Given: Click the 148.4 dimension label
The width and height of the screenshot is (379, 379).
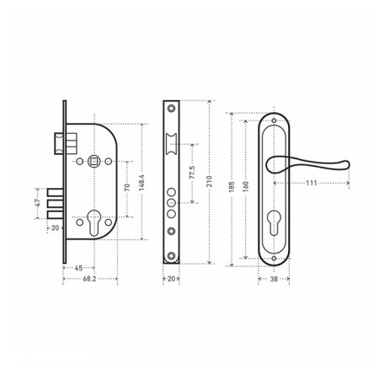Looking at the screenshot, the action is coord(141,183).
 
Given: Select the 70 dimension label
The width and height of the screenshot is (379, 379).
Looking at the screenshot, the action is coord(127,187).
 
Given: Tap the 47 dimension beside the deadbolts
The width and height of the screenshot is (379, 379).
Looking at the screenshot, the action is coord(38,202).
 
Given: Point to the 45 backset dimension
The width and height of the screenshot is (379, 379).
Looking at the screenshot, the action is coord(78,268).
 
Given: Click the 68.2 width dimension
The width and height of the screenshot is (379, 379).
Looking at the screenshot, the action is coord(89,279).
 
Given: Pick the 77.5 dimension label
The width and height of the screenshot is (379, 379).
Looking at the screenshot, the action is coord(192,173).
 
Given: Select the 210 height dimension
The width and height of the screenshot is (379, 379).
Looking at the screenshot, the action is coord(209,181).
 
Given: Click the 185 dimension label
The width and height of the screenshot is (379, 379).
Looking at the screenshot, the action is coord(232,187).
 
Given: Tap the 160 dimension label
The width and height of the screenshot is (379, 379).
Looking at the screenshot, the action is coord(245,187).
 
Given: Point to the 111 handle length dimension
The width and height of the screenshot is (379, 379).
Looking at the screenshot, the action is coord(312,183).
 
